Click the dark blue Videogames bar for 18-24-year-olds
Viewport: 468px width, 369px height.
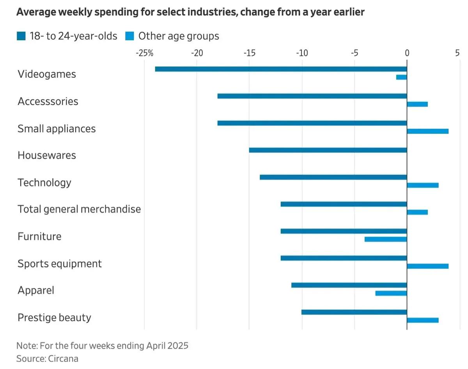(x=281, y=69)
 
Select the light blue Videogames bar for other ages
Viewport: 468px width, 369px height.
(x=401, y=77)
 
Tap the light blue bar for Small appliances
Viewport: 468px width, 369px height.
(x=427, y=131)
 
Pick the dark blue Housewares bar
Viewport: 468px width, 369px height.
(x=328, y=150)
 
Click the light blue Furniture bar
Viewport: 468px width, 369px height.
(x=385, y=239)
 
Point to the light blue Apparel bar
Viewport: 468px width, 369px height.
(x=391, y=293)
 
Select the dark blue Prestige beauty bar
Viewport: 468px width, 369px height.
(x=354, y=312)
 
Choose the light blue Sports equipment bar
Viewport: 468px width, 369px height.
(x=427, y=266)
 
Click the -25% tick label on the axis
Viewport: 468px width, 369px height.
(x=144, y=53)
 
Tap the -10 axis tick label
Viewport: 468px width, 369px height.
(x=301, y=53)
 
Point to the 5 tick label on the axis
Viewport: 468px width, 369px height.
(x=457, y=53)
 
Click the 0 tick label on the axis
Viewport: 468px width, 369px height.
(x=407, y=53)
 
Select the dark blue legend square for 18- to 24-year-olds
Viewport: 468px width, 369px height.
(x=21, y=36)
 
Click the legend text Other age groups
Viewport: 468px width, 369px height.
(x=179, y=36)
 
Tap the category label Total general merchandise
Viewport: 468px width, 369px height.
(x=79, y=209)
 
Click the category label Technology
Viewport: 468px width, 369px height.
(x=44, y=182)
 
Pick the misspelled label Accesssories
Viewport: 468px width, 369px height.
(x=48, y=102)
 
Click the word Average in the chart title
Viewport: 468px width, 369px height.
(x=33, y=12)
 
